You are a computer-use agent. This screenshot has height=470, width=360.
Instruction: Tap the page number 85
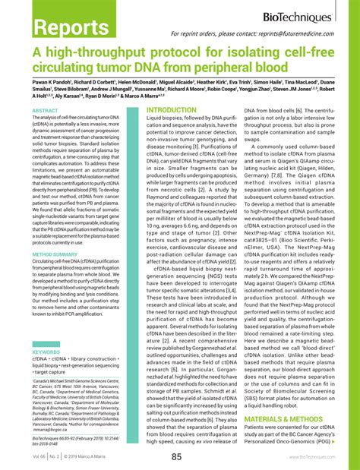pos(176,456)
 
